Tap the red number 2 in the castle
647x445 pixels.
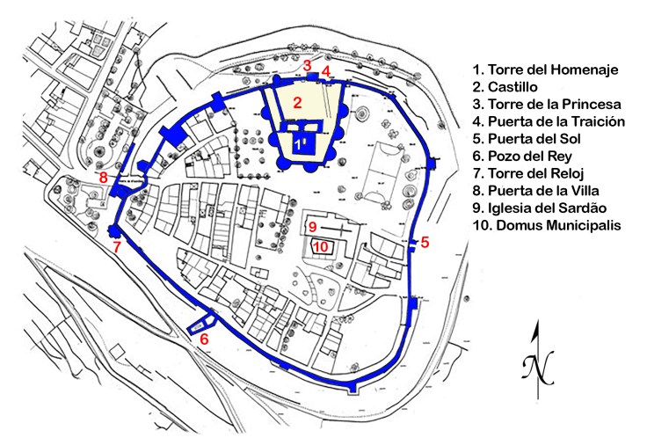click(x=298, y=103)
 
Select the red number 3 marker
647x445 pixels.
click(x=307, y=65)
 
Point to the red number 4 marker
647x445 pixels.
click(x=325, y=70)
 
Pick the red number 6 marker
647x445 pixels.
click(x=205, y=338)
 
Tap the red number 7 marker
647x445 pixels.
click(x=117, y=247)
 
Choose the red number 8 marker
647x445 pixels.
click(x=104, y=178)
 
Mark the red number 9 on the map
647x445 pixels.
click(x=312, y=228)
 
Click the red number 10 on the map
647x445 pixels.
click(x=321, y=247)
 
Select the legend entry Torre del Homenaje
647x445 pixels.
click(x=545, y=69)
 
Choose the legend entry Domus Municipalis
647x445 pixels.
click(x=547, y=226)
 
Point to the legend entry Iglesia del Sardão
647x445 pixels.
click(x=544, y=208)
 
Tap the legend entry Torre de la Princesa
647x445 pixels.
click(x=547, y=104)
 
